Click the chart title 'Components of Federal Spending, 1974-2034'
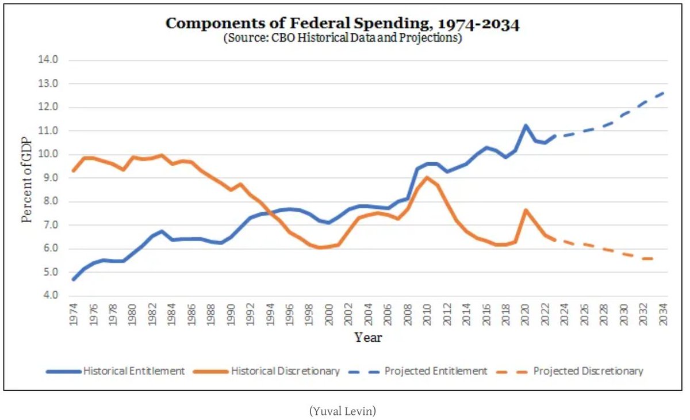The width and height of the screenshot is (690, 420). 342,24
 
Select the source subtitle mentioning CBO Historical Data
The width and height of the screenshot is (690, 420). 342,39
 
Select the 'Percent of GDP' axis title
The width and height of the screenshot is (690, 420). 27,178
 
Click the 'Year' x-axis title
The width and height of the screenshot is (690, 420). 368,338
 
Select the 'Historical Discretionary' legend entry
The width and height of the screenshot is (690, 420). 266,371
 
